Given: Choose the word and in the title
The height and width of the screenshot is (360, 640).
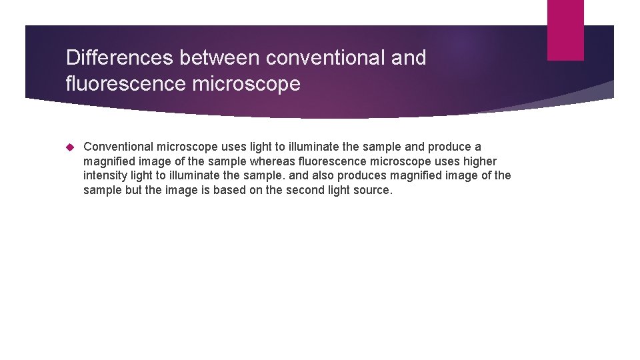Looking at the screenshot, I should [x=409, y=58].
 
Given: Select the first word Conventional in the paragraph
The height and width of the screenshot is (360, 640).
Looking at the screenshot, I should [x=118, y=147].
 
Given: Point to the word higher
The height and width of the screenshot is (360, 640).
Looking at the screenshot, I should [x=479, y=161].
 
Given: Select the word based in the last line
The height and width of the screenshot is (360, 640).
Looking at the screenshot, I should [x=227, y=191].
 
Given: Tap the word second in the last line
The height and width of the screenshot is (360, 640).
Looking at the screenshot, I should [x=301, y=191].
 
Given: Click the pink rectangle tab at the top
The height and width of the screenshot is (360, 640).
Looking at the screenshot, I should [x=565, y=30].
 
